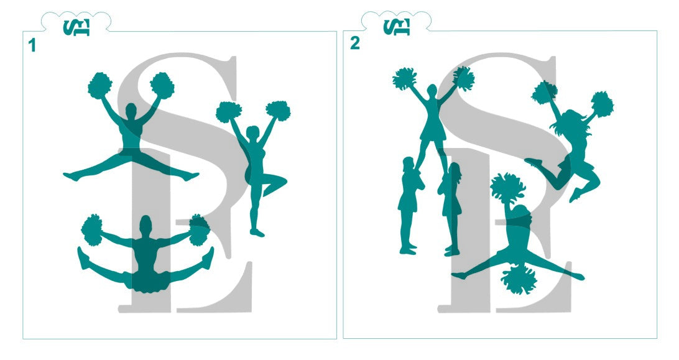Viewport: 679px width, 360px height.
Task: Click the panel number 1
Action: pyautogui.click(x=32, y=45)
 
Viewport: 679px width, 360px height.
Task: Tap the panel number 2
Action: pyautogui.click(x=355, y=44)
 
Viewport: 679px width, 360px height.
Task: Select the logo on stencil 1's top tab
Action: pyautogui.click(x=76, y=27)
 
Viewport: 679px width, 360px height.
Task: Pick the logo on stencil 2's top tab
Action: pyautogui.click(x=397, y=27)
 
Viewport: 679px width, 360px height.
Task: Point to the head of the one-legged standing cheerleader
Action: pyautogui.click(x=252, y=132)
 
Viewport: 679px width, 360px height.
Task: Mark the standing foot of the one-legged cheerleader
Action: pyautogui.click(x=257, y=233)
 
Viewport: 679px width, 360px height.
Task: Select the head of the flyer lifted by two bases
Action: pyautogui.click(x=432, y=91)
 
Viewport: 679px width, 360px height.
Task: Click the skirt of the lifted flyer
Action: pyautogui.click(x=433, y=131)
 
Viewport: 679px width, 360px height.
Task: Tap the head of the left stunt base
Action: pyautogui.click(x=409, y=164)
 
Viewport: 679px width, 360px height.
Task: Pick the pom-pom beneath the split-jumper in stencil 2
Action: pyautogui.click(x=519, y=279)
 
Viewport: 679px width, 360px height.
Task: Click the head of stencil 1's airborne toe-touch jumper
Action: pyautogui.click(x=131, y=111)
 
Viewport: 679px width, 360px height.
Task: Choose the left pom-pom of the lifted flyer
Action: pyautogui.click(x=404, y=78)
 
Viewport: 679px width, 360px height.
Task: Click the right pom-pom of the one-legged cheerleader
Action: pyautogui.click(x=278, y=111)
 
